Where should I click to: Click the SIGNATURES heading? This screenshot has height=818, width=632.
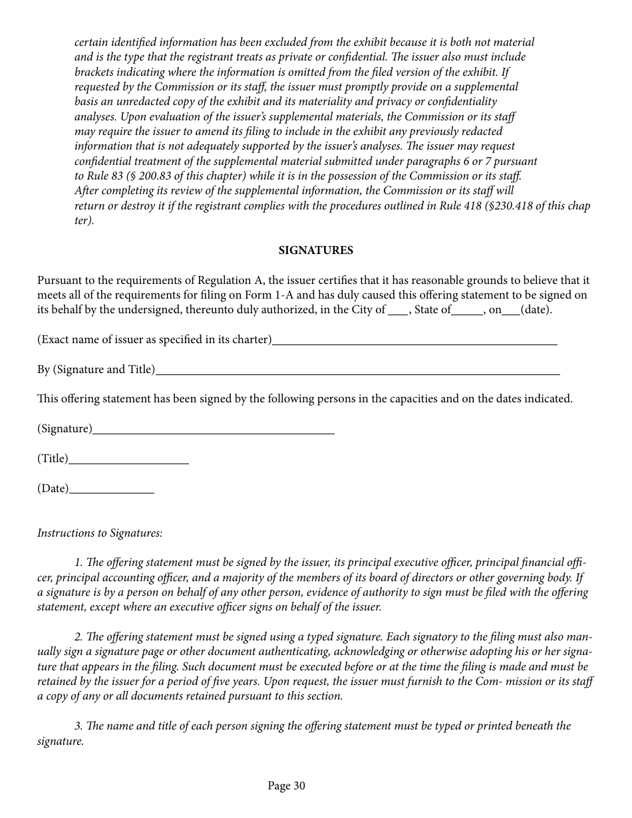click(315, 251)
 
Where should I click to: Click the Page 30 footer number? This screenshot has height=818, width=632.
click(286, 786)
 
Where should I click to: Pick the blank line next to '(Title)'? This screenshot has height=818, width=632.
click(128, 462)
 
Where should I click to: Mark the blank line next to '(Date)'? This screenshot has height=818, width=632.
click(111, 491)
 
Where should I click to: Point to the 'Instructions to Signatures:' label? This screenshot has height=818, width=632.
click(100, 533)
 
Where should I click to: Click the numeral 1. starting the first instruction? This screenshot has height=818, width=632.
click(79, 563)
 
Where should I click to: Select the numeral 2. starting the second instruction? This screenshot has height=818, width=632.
click(79, 636)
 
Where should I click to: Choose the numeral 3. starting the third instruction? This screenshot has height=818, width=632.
click(79, 726)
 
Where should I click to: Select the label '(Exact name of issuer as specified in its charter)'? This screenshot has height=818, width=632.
click(154, 340)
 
